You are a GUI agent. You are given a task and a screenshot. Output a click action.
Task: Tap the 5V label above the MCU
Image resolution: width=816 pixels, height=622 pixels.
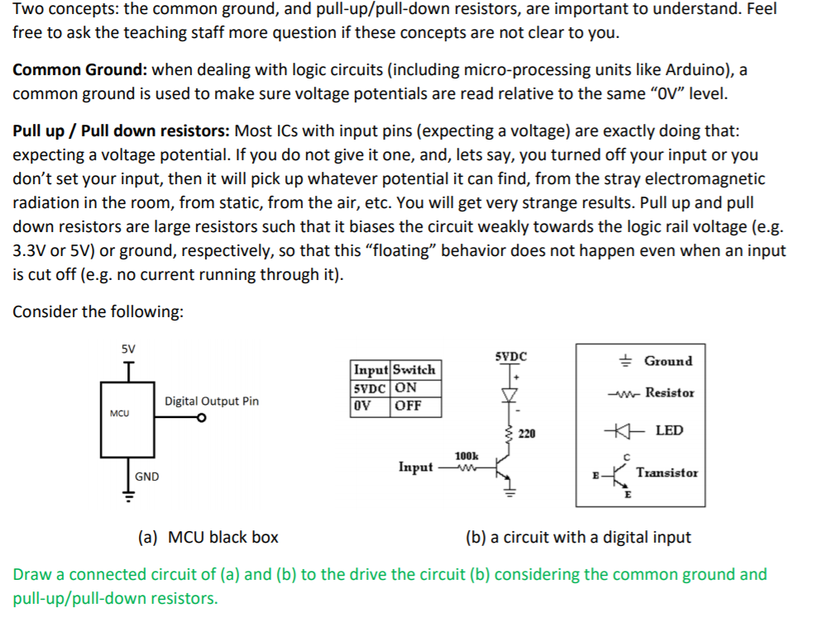128,349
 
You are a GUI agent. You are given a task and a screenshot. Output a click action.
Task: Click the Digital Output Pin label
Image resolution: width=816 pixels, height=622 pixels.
211,401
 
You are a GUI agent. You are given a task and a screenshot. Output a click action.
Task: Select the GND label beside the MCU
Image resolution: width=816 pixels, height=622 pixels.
147,477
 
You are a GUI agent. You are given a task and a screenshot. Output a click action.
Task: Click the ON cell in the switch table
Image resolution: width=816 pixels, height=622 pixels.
406,388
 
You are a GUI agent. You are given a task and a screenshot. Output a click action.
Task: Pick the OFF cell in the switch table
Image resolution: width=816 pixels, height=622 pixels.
408,406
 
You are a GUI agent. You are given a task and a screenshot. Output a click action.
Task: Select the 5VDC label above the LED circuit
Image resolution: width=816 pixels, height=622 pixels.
510,357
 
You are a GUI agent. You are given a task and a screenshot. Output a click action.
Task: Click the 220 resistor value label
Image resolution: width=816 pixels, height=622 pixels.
527,433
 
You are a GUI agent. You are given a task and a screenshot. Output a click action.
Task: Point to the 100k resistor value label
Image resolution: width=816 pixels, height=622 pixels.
466,456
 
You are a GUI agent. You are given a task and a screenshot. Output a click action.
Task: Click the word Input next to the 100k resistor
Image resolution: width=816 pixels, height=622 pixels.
415,468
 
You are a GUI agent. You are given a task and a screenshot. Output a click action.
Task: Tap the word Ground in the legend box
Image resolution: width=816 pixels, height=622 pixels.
668,361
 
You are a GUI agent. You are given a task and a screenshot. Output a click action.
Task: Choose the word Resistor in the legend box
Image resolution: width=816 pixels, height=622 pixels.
670,392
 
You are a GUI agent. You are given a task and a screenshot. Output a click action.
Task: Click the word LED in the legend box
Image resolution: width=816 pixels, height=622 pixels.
669,430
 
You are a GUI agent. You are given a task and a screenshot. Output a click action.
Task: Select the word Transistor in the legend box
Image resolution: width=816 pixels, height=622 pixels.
667,472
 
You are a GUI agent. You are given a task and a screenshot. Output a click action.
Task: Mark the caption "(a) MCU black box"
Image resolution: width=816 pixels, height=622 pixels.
208,538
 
